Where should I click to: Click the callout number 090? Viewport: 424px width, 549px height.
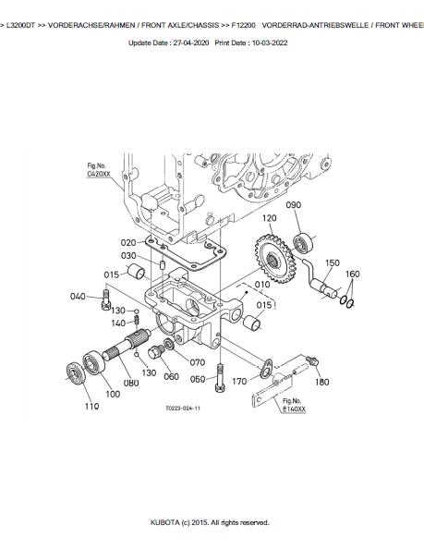pyautogui.click(x=293, y=205)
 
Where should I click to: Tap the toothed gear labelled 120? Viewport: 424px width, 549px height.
pyautogui.click(x=275, y=259)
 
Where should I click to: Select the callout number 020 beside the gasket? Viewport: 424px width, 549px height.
pyautogui.click(x=128, y=243)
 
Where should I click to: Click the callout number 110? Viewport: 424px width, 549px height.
pyautogui.click(x=91, y=406)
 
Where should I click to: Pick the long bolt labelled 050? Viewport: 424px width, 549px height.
pyautogui.click(x=220, y=378)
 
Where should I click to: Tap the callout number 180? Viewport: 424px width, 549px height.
pyautogui.click(x=321, y=382)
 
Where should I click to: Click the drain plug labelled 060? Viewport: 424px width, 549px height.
pyautogui.click(x=156, y=351)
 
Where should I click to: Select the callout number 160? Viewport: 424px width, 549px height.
pyautogui.click(x=352, y=274)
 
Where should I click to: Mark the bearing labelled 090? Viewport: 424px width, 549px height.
pyautogui.click(x=301, y=242)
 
